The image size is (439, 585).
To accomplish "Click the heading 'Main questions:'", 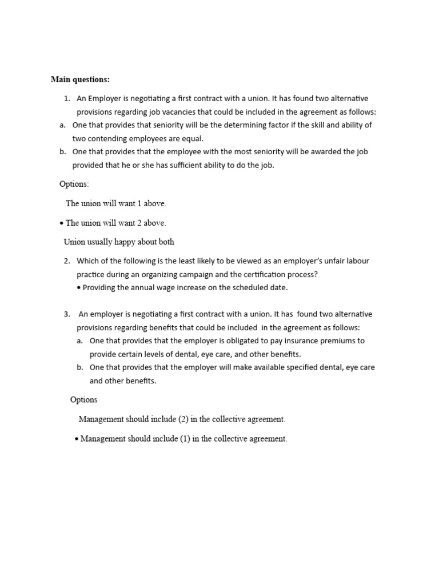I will (x=80, y=79).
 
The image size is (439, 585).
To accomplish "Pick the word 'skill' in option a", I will (x=307, y=125).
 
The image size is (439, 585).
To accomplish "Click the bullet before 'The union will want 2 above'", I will (x=62, y=223).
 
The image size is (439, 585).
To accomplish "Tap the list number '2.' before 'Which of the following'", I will (x=67, y=261).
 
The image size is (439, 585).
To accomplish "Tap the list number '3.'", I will (x=67, y=314).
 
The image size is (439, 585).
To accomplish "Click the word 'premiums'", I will (x=333, y=341).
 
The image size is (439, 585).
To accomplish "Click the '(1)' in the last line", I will (x=183, y=439).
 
